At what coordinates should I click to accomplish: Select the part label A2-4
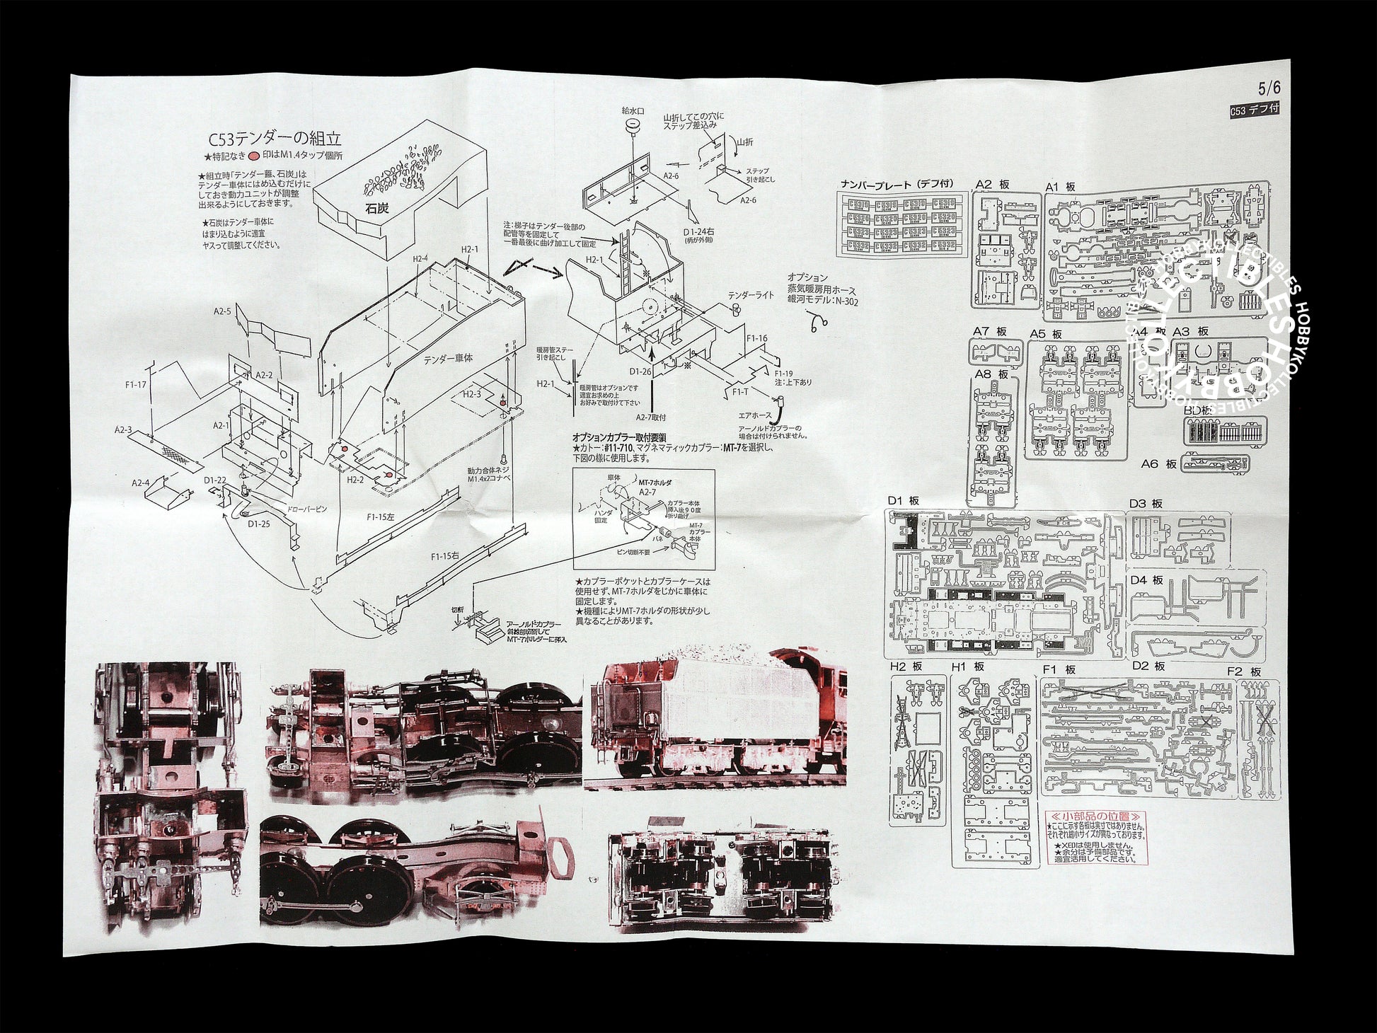pyautogui.click(x=140, y=483)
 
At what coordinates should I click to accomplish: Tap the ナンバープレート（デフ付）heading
pyautogui.click(x=897, y=184)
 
